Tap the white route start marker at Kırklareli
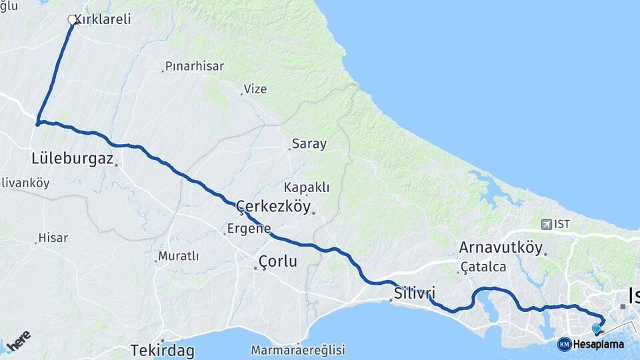click(x=72, y=20)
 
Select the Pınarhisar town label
click(x=194, y=66)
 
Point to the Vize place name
click(x=255, y=89)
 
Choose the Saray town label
click(x=309, y=144)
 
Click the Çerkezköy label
click(x=274, y=207)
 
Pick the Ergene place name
click(x=249, y=228)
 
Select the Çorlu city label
click(x=277, y=261)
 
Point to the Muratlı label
click(x=178, y=256)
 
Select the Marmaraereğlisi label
click(x=298, y=350)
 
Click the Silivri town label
click(x=414, y=293)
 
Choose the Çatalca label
click(x=483, y=267)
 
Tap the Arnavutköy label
click(x=501, y=248)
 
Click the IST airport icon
click(x=547, y=224)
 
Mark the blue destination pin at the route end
click(x=597, y=329)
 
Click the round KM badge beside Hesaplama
click(x=564, y=344)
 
